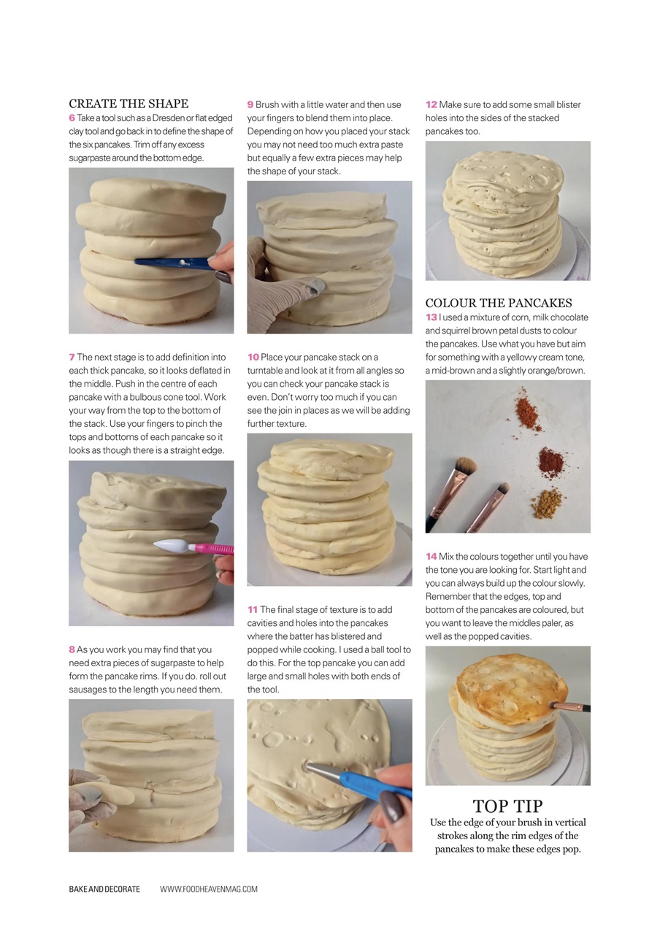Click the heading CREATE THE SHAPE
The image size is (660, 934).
click(128, 104)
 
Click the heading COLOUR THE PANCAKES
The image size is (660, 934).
click(499, 303)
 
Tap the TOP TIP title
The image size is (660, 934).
click(507, 806)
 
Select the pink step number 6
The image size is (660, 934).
click(72, 118)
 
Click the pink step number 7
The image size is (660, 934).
click(72, 358)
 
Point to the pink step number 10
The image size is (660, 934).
click(253, 358)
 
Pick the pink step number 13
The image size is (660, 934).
click(431, 317)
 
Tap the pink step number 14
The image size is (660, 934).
click(431, 557)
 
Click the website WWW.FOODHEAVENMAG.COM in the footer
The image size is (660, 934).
click(209, 889)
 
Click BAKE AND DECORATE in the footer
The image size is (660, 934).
click(104, 889)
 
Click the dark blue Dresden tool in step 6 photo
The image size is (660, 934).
click(172, 262)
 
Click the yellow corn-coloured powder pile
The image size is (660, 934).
click(548, 503)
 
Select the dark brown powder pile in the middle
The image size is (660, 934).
click(550, 462)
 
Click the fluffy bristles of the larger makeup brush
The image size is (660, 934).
click(465, 465)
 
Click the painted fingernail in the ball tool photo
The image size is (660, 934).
click(388, 806)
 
